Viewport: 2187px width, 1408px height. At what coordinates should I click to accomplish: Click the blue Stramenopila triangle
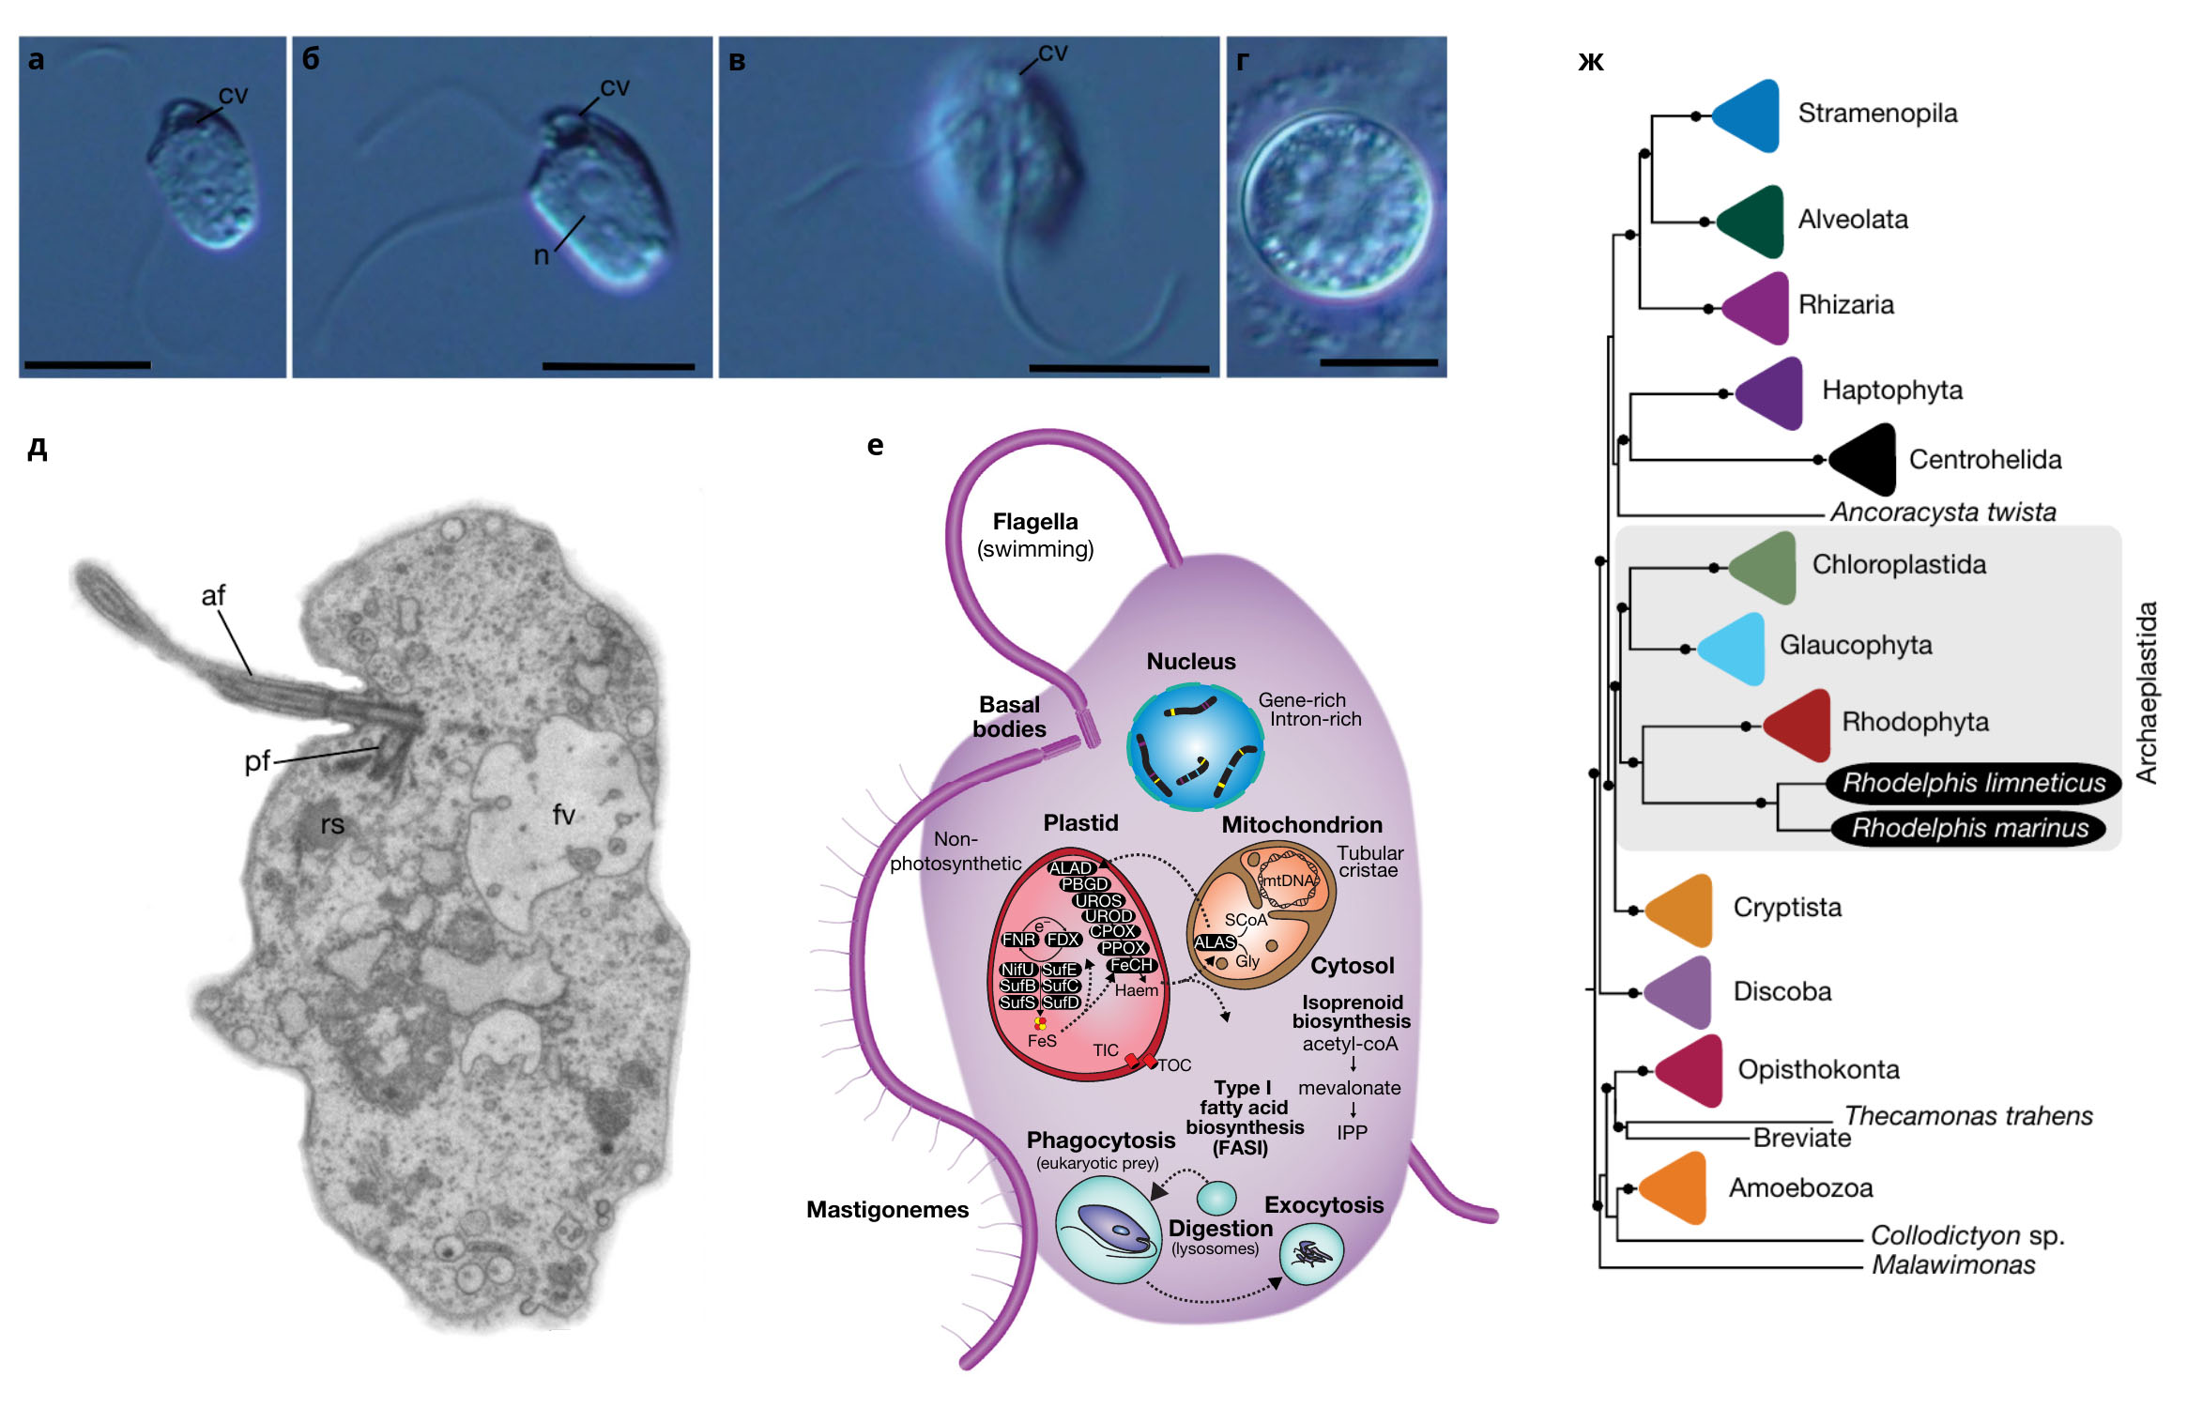coord(1749,115)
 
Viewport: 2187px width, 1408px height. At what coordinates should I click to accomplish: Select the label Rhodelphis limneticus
coord(1973,783)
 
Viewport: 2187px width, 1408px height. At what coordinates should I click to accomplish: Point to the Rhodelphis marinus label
coord(1969,828)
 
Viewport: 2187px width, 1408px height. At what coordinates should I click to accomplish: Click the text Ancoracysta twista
coord(1942,512)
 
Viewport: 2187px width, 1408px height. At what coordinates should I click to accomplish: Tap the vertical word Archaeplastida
coord(2147,693)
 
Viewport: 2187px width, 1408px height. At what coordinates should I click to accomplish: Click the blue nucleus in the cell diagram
coord(1195,746)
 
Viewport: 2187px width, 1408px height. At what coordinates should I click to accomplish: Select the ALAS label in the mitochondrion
coord(1215,942)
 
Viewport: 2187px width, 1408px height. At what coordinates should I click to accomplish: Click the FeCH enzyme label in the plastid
coord(1131,965)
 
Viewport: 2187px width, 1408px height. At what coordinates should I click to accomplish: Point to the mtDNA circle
coord(1288,880)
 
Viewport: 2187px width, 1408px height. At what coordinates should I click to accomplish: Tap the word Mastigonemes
coord(887,1210)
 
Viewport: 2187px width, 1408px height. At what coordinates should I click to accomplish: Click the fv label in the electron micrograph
coord(563,815)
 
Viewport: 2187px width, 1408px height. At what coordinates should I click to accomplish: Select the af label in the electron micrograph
coord(213,595)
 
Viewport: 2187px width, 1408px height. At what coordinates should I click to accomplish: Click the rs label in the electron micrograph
coord(332,825)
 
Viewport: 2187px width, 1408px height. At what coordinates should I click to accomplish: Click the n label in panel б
coord(541,255)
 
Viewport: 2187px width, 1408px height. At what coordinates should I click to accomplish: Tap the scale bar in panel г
coord(1378,362)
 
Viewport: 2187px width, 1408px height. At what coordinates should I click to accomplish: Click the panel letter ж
coord(1591,61)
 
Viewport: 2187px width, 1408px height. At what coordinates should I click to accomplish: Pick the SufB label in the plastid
coord(1017,986)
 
